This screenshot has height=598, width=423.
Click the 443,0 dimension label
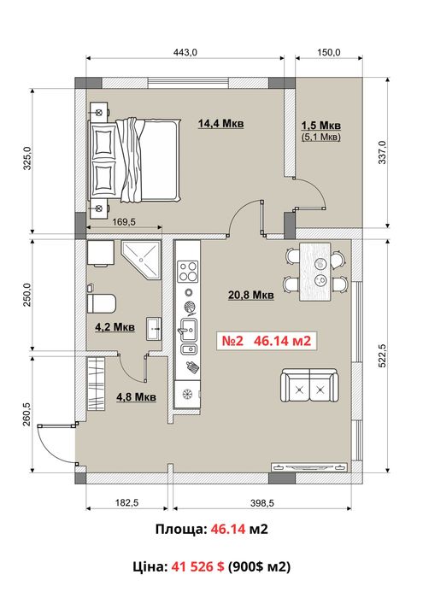(185, 52)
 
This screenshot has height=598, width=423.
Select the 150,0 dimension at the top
(328, 52)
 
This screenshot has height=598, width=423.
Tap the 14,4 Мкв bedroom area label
(220, 124)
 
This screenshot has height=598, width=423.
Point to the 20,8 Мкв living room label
(251, 295)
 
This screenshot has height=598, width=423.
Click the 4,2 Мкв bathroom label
(115, 327)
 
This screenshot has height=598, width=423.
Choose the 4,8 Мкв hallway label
(136, 396)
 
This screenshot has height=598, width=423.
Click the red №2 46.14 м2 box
(267, 341)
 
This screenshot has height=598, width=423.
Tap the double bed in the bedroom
(135, 160)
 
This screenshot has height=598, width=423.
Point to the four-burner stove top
(188, 271)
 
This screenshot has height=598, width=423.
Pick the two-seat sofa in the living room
(309, 385)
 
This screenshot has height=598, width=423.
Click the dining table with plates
(315, 272)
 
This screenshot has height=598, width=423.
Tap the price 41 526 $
(197, 566)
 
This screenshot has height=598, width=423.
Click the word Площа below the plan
(181, 530)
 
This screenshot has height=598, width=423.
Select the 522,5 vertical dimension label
(382, 356)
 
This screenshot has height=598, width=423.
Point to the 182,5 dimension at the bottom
(127, 502)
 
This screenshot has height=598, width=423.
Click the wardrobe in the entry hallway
(96, 384)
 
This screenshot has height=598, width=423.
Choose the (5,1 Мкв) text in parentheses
(320, 137)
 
